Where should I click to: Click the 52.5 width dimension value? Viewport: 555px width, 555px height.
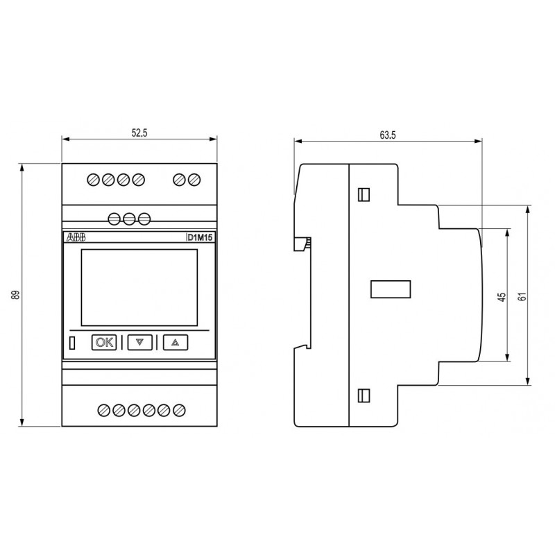139,133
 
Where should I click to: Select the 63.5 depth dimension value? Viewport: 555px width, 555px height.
388,135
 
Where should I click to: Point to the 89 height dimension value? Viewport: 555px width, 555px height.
15,295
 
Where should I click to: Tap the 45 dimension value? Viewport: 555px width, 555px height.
502,297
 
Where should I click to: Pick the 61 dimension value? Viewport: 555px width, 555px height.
522,297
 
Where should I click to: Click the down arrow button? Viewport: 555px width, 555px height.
140,342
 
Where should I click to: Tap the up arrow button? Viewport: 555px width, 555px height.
176,342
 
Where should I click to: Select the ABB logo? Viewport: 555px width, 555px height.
76,237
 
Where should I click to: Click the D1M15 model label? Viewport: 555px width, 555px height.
200,237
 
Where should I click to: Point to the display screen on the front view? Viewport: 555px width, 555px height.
139,287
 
